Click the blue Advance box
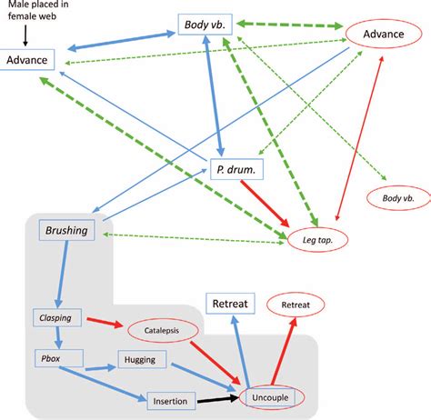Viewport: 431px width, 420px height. point(29,60)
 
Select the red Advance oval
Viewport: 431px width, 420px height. point(385,35)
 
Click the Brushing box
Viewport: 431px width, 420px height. point(66,231)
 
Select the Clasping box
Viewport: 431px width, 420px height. point(55,317)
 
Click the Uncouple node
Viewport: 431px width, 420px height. point(273,397)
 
